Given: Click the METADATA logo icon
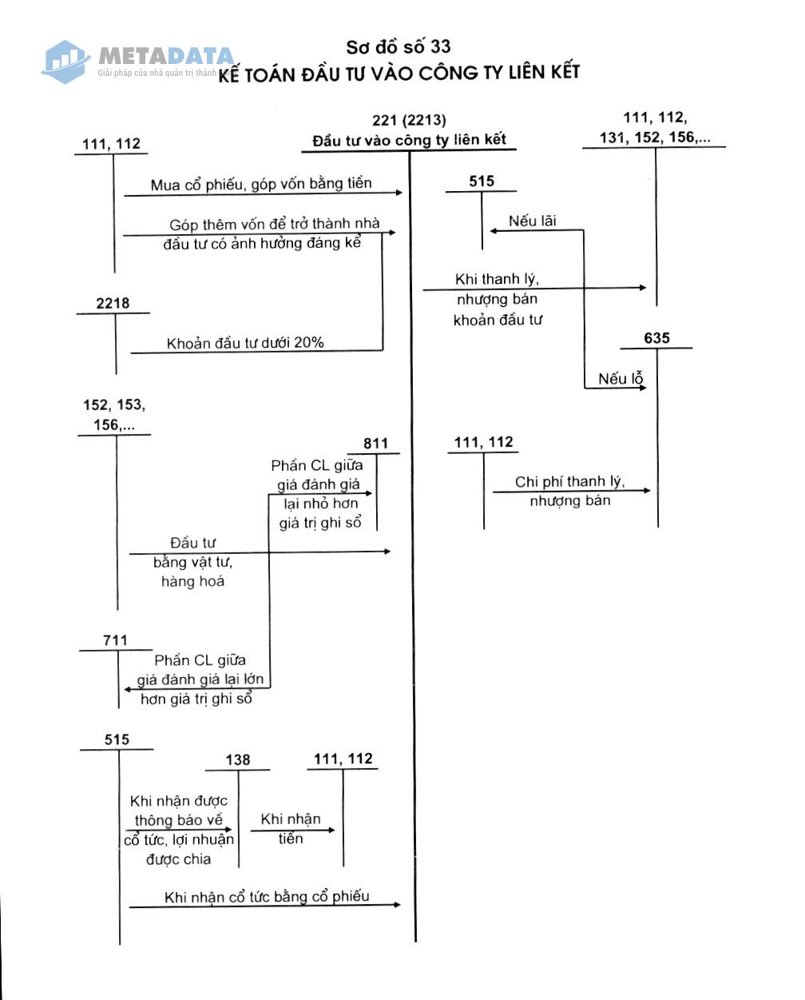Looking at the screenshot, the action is click(x=65, y=62).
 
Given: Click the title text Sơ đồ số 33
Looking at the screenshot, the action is click(x=399, y=47).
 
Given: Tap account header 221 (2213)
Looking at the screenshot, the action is click(x=409, y=121).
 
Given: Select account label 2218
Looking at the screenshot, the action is click(x=113, y=303).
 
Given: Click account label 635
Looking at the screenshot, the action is click(x=656, y=338).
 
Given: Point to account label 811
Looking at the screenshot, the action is click(x=375, y=444).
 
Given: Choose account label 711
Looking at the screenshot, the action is click(x=115, y=640).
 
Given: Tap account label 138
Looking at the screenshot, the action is click(x=238, y=759).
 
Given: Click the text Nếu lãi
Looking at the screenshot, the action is click(x=533, y=221).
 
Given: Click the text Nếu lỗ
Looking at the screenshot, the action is click(x=621, y=378).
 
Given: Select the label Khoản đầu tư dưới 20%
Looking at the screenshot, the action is click(x=245, y=343).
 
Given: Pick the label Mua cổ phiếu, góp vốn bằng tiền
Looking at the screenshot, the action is click(x=261, y=184).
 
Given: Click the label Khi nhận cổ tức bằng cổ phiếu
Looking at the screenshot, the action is click(x=267, y=896).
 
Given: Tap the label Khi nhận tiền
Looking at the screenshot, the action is click(x=291, y=828).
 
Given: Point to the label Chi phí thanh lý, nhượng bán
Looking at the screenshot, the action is click(x=570, y=491).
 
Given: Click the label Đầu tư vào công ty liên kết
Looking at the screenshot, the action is click(x=409, y=140).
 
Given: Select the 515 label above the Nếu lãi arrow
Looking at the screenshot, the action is click(x=482, y=181).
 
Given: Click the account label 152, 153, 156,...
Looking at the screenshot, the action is click(x=114, y=415).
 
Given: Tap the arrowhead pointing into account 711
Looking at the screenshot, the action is click(x=128, y=689).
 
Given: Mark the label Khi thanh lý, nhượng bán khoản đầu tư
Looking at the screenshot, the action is click(x=498, y=299).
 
